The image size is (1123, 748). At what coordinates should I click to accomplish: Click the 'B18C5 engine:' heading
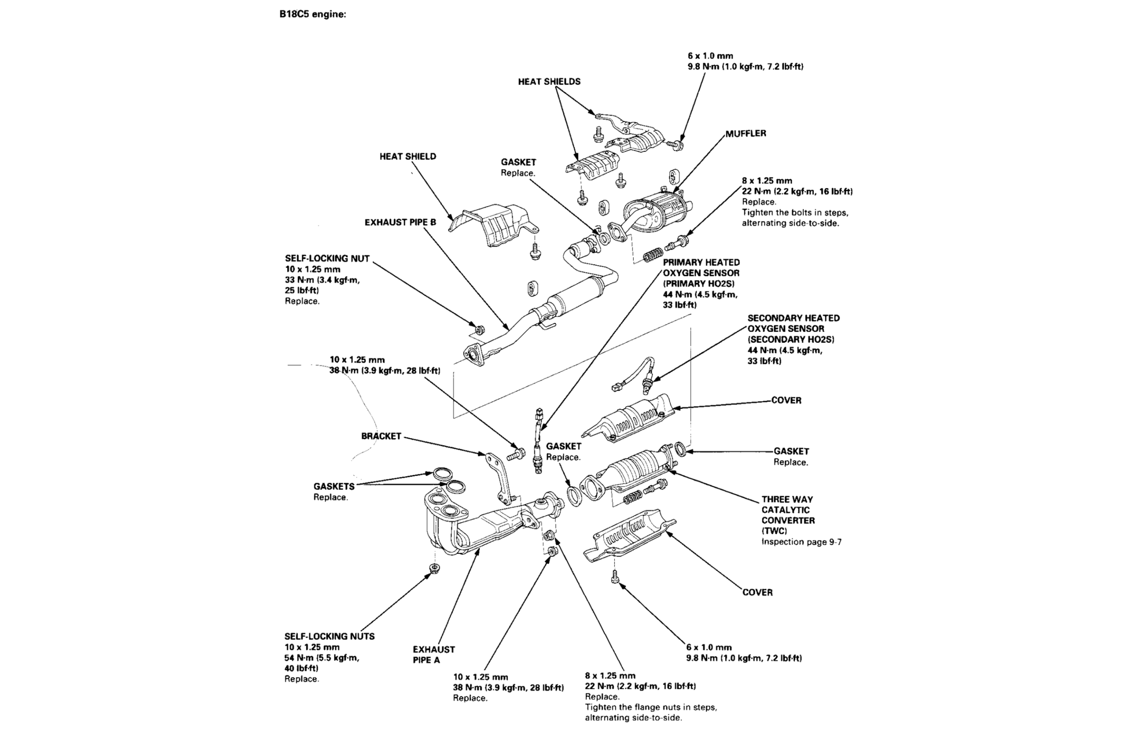312,14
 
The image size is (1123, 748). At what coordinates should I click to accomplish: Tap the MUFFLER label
745,134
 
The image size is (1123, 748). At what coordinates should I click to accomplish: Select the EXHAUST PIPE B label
400,223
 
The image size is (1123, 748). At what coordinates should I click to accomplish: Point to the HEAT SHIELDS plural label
549,82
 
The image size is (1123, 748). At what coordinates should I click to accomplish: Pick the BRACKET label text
381,436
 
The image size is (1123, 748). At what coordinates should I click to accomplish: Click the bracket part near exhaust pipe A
497,477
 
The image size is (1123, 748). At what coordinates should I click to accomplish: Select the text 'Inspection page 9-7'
801,542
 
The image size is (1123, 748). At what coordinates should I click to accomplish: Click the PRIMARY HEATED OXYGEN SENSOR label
701,273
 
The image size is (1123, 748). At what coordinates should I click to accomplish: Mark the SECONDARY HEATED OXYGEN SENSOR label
793,329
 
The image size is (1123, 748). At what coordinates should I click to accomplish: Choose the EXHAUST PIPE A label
433,655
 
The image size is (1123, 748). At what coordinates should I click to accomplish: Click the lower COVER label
757,592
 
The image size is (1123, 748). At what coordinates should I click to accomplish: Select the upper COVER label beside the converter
786,400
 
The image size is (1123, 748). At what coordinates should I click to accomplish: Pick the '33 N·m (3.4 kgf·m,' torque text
322,280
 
